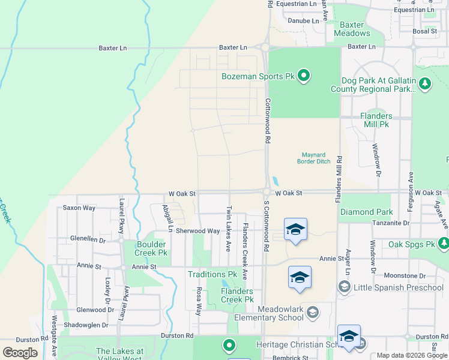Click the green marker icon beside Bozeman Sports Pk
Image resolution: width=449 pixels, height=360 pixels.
[x=304, y=76]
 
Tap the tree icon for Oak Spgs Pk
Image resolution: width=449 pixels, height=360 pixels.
[x=444, y=243]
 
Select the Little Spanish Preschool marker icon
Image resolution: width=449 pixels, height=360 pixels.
[x=344, y=287]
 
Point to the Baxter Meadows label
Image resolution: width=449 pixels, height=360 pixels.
[x=352, y=29]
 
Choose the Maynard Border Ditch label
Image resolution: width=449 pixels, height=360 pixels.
[x=314, y=157]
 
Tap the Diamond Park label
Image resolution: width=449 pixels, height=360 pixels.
[x=366, y=212]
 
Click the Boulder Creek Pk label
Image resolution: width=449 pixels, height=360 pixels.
[x=143, y=248]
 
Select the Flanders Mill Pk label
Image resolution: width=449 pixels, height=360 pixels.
[x=376, y=120]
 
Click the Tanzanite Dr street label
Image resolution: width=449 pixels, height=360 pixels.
[x=390, y=223]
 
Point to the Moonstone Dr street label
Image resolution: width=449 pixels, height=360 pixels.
[x=405, y=275]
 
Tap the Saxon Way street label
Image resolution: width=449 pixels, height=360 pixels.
[x=79, y=208]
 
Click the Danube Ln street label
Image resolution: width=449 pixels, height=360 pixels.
[x=303, y=20]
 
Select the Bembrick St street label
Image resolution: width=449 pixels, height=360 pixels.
[x=290, y=358]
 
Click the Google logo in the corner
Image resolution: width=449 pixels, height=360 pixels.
[x=20, y=353]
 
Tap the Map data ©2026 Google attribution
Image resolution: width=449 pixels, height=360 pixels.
[x=411, y=355]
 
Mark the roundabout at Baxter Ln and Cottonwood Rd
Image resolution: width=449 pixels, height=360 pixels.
[x=265, y=47]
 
